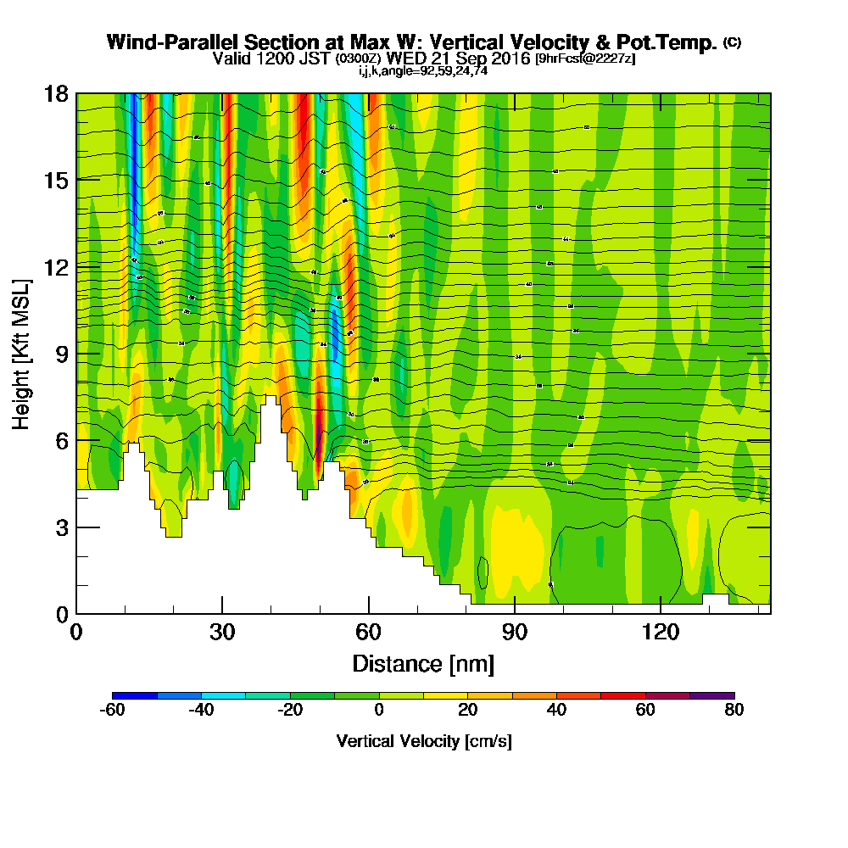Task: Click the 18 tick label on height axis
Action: tap(57, 93)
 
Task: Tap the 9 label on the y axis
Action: tap(62, 354)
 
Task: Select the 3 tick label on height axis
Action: tap(62, 527)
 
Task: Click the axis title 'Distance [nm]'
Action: tap(423, 662)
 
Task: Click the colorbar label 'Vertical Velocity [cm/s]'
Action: tap(423, 741)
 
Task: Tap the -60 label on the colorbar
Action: tap(113, 711)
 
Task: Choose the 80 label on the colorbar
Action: tap(734, 711)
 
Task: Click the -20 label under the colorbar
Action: tap(290, 711)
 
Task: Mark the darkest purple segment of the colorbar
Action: tap(712, 695)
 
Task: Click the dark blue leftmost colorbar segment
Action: tap(135, 695)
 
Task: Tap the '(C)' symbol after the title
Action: tap(732, 42)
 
